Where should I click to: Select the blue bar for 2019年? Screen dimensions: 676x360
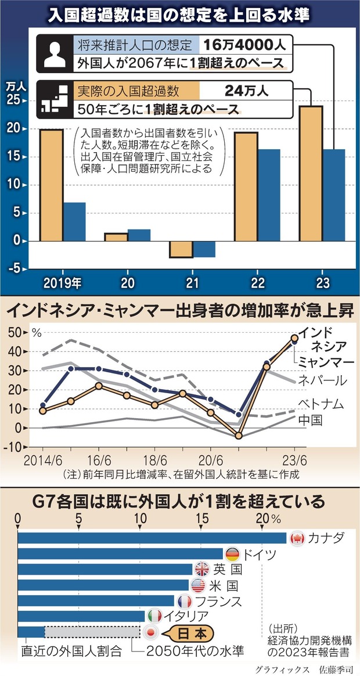tap(74, 221)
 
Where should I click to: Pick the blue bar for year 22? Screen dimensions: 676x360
tap(268, 195)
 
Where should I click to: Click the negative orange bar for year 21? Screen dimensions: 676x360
tap(181, 249)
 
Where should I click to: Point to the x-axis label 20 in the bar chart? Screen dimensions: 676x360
tap(127, 283)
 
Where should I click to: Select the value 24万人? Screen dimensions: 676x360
tap(247, 91)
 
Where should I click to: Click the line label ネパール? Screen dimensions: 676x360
tap(322, 380)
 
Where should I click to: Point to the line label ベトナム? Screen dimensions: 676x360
tap(322, 403)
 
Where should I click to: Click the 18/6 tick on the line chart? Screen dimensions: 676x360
tap(154, 458)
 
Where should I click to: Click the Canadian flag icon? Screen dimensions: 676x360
tap(297, 538)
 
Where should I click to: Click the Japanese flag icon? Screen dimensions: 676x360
tap(150, 632)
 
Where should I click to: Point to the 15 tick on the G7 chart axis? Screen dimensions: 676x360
tap(201, 517)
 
